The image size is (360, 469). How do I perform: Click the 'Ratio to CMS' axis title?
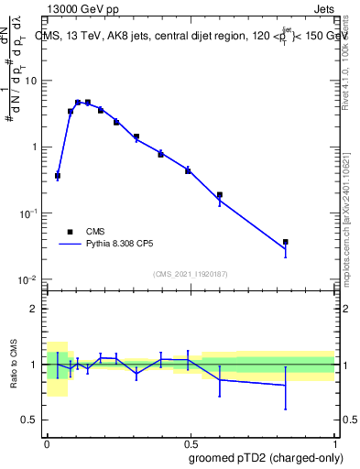(x=13, y=364)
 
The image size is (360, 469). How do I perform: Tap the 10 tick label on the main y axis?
(x=30, y=81)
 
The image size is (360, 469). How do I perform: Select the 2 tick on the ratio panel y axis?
(x=33, y=309)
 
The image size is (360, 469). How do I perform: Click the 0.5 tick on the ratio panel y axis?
(x=29, y=420)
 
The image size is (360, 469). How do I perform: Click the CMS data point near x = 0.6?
(x=220, y=194)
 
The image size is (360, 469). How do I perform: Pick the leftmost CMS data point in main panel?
(x=58, y=175)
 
